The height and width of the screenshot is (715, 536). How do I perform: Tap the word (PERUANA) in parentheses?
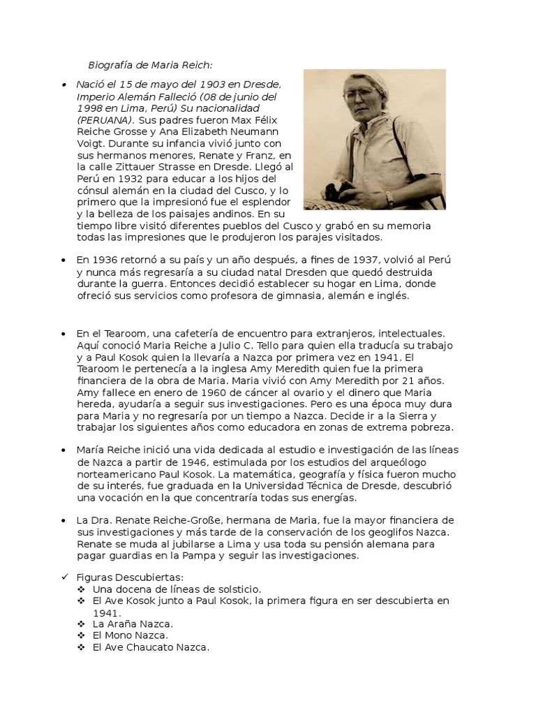tap(103, 119)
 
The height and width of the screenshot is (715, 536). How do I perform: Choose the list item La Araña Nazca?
tap(133, 624)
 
